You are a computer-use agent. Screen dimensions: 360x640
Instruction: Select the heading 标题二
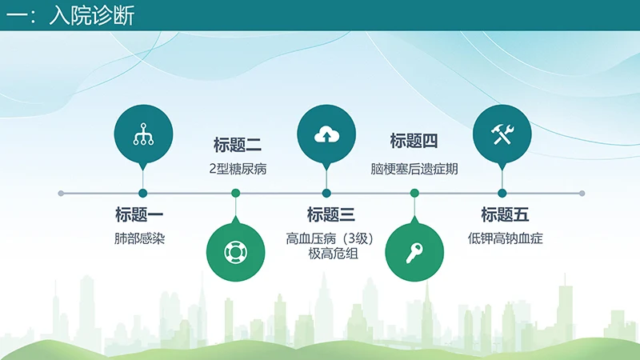(238, 145)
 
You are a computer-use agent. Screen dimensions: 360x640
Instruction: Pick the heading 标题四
(414, 142)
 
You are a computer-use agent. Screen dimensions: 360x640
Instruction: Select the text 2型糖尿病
(238, 169)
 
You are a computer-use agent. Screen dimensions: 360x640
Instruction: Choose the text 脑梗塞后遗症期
(414, 169)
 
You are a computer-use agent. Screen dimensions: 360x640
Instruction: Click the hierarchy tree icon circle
(143, 134)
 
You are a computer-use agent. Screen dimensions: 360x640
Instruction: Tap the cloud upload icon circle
(326, 134)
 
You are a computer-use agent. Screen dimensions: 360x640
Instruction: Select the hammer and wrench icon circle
(502, 134)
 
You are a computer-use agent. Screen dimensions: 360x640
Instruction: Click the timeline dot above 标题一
(143, 193)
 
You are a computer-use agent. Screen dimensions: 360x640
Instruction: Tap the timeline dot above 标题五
(502, 193)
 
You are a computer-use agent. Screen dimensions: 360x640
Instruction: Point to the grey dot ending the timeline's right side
(582, 193)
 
